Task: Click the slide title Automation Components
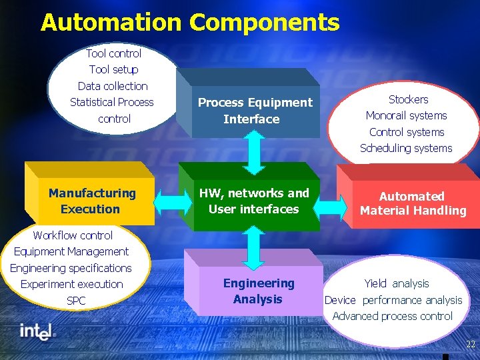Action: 190,23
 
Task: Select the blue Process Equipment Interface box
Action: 255,111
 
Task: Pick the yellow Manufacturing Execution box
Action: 91,201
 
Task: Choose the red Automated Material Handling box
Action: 413,203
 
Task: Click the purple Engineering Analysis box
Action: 258,291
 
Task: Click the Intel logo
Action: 37,331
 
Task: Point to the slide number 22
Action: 471,343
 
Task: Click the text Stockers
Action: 408,99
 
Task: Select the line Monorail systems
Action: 407,115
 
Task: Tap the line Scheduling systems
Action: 406,148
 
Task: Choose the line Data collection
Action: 113,86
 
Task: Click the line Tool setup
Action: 113,69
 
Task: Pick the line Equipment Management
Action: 71,251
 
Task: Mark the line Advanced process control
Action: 393,316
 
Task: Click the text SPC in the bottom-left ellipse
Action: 76,301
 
